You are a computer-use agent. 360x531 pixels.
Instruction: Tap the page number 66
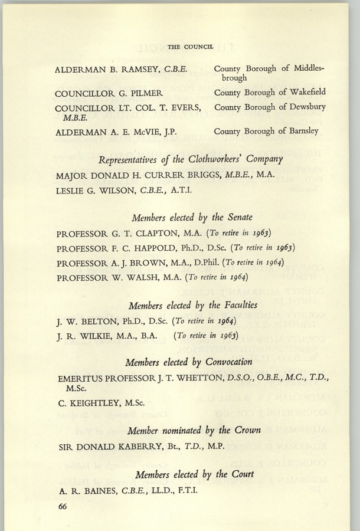pyautogui.click(x=64, y=506)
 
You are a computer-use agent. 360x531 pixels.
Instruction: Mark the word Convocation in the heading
pyautogui.click(x=233, y=362)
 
